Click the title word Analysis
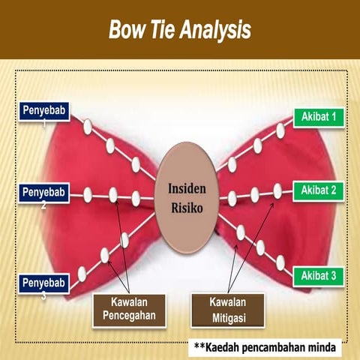click(x=211, y=30)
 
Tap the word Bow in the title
click(x=124, y=30)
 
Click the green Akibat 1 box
click(x=317, y=117)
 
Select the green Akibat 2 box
click(x=317, y=190)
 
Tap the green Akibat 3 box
click(x=317, y=276)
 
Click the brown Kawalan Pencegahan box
click(x=129, y=308)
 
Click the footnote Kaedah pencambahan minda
click(x=266, y=347)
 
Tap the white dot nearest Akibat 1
click(x=280, y=130)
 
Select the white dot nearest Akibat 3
click(x=280, y=262)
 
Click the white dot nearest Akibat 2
click(x=278, y=191)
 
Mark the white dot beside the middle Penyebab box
click(x=87, y=195)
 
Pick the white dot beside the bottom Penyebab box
click(x=82, y=273)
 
